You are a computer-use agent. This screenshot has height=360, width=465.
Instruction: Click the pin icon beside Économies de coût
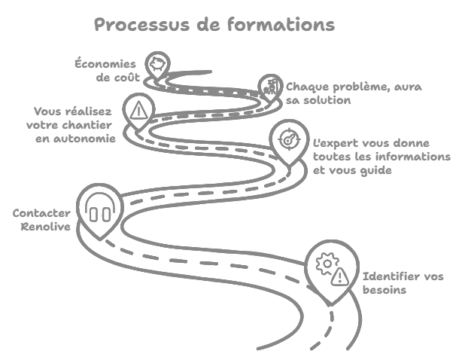tap(157, 63)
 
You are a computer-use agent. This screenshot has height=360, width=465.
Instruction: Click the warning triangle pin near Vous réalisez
tap(138, 111)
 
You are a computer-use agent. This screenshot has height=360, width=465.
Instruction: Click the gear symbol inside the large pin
tap(326, 263)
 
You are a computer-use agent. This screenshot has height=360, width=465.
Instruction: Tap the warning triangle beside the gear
tap(340, 276)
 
